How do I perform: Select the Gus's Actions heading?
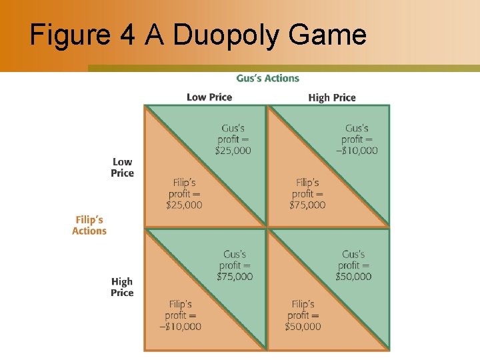pyautogui.click(x=267, y=78)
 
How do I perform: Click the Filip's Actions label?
pyautogui.click(x=89, y=225)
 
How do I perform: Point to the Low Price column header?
pyautogui.click(x=209, y=97)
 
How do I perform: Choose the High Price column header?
pyautogui.click(x=332, y=97)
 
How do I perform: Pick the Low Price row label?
pyautogui.click(x=122, y=167)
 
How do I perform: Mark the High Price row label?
pyautogui.click(x=122, y=287)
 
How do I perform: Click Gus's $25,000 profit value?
pyautogui.click(x=233, y=151)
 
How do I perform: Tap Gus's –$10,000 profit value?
pyautogui.click(x=356, y=151)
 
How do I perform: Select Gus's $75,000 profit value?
pyautogui.click(x=235, y=277)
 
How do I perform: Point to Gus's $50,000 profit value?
pyautogui.click(x=353, y=277)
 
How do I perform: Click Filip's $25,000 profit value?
pyautogui.click(x=184, y=205)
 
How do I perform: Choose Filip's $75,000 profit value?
pyautogui.click(x=307, y=205)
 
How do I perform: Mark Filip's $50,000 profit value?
pyautogui.click(x=303, y=327)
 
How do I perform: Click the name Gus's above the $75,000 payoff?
pyautogui.click(x=235, y=254)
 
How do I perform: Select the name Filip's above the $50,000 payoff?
pyautogui.click(x=303, y=304)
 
